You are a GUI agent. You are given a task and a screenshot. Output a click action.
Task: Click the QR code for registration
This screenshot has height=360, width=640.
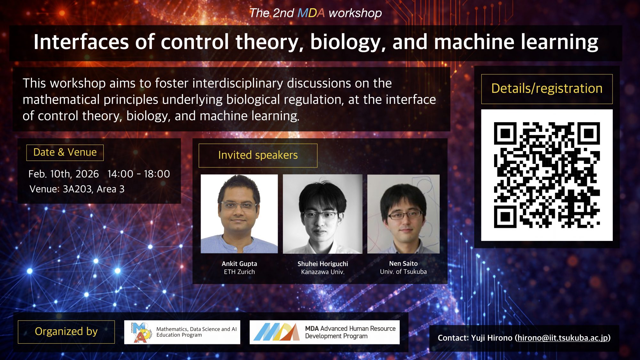[x=547, y=175]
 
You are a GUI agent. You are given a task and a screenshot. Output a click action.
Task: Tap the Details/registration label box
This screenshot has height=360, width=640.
[x=547, y=89]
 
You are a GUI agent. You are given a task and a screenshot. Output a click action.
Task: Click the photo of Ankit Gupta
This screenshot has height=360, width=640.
[x=239, y=214]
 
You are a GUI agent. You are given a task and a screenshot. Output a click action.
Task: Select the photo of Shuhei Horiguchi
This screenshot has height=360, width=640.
[x=323, y=214]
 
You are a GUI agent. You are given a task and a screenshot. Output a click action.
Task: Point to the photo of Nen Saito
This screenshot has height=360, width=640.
[x=403, y=214]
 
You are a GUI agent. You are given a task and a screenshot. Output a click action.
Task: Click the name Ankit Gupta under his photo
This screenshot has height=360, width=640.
[x=239, y=264]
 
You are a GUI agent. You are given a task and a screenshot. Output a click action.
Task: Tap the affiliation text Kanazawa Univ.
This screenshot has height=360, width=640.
[x=323, y=272]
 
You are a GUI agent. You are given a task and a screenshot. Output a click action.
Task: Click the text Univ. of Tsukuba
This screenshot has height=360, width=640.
[x=403, y=272]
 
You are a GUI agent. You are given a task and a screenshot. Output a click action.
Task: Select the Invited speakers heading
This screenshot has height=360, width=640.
[x=258, y=155]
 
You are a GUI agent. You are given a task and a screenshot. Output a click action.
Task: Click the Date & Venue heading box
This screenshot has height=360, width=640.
[x=65, y=152]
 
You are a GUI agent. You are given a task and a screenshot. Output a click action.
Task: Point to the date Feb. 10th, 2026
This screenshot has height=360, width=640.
[x=63, y=174]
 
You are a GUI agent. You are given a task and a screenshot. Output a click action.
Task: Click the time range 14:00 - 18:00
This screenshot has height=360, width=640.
[x=139, y=174]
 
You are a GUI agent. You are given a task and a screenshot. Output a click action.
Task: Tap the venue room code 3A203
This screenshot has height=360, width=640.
[x=77, y=189]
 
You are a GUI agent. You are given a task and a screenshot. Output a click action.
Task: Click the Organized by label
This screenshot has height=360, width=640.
[x=66, y=332]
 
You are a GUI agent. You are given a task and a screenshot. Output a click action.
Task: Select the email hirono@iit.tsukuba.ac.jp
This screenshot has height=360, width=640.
[x=563, y=338]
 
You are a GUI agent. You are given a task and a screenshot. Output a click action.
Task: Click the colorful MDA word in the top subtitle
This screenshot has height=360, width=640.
[x=311, y=13]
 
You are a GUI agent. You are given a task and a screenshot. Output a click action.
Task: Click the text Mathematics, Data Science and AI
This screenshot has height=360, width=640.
[x=196, y=329]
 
